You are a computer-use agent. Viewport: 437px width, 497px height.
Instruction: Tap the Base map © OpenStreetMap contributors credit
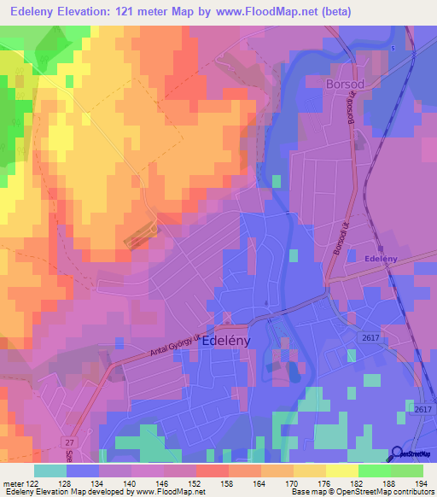tap(361, 492)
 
